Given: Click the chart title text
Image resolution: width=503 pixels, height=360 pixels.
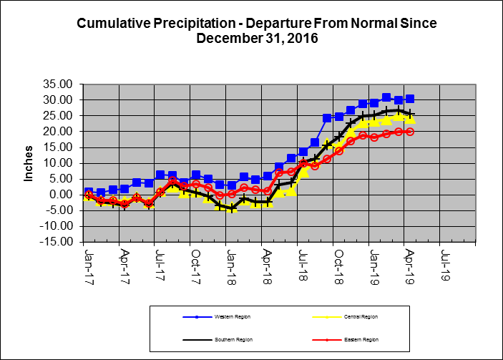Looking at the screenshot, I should click(256, 30).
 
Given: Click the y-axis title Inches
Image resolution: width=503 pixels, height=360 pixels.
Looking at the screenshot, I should click(29, 163).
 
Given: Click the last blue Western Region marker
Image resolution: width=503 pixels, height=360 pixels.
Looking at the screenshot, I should click(410, 99).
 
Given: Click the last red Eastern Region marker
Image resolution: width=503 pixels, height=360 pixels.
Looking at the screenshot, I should click(410, 132).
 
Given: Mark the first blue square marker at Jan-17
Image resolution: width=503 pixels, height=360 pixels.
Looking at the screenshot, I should click(89, 192).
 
